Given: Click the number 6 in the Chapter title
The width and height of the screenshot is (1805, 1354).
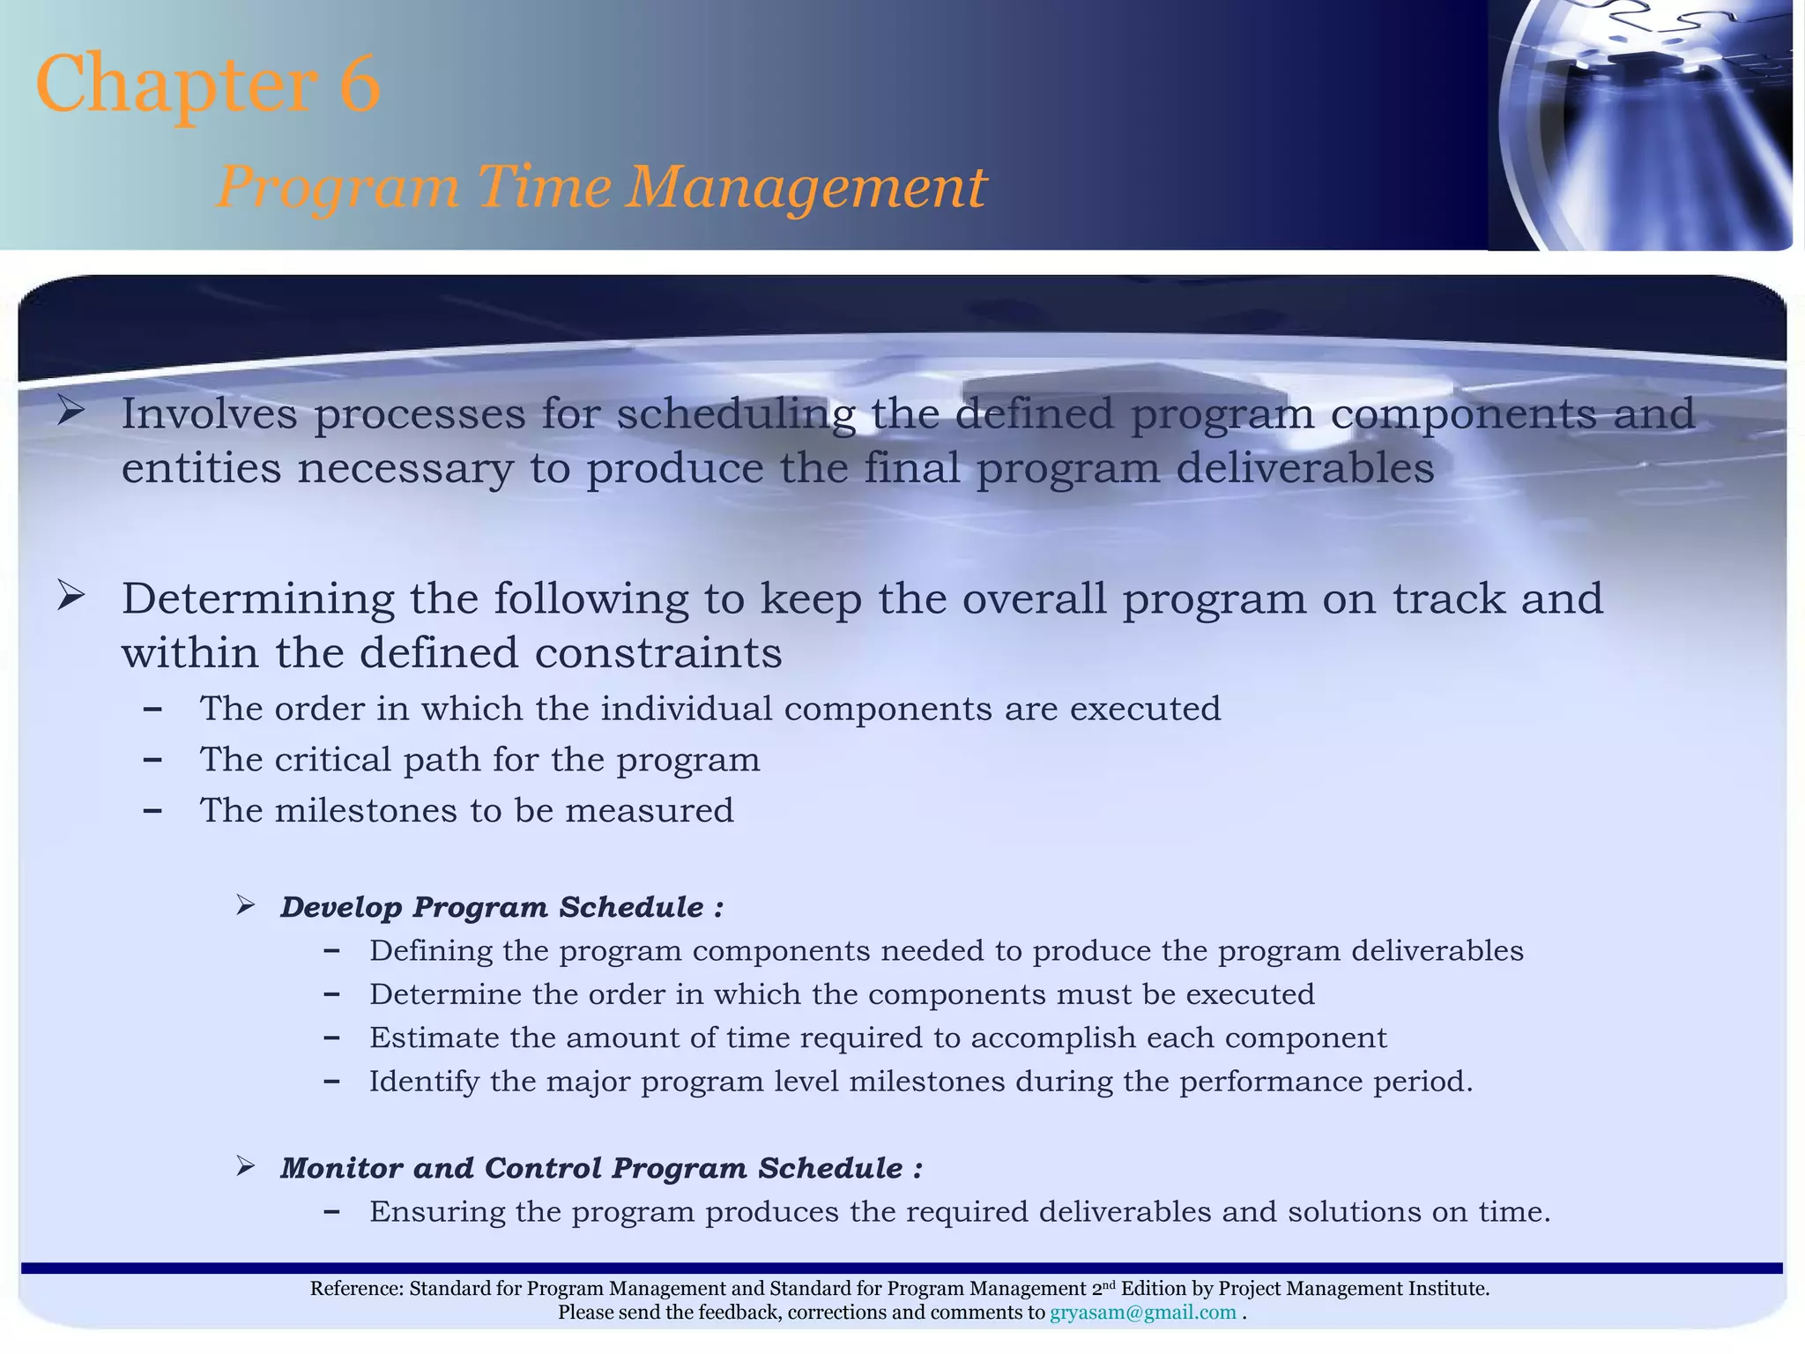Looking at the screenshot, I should point(359,84).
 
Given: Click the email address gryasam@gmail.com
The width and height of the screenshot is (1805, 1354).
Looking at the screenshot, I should point(1142,1313).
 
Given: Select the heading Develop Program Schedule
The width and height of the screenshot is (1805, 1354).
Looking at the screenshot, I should point(501,907).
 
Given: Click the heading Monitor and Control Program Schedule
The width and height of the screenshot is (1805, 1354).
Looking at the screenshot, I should point(601,1168).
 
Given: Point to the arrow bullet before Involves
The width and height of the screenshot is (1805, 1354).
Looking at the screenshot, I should point(71,412).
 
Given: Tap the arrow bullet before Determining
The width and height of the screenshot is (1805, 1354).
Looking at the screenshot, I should point(71,597).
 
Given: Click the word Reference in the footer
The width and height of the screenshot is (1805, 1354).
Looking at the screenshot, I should point(356,1289).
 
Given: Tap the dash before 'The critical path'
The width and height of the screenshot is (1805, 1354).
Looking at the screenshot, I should point(152,760).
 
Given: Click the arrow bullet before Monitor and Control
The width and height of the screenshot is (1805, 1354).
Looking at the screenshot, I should point(246,1167).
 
